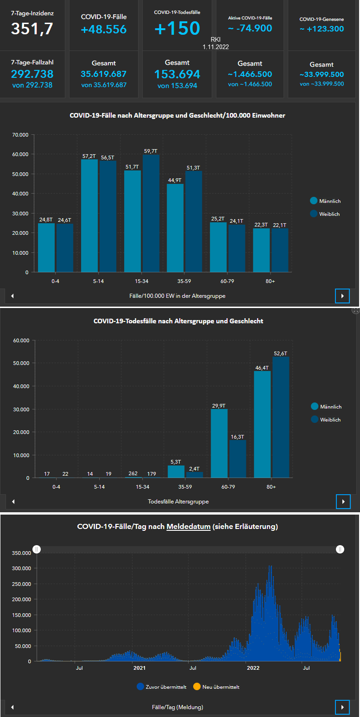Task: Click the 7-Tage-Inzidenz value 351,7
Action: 32,29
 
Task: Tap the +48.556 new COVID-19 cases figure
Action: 104,30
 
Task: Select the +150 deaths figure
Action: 177,28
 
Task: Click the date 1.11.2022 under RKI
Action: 216,47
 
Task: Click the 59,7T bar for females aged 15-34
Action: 151,213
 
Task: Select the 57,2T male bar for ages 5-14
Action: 89,215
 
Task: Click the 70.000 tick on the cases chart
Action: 20,135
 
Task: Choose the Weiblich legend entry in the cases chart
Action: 329,214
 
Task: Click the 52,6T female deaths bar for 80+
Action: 280,417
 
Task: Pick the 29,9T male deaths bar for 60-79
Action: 219,443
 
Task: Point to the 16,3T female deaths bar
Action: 237,459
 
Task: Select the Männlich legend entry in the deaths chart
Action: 330,407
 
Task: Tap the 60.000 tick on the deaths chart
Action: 21,340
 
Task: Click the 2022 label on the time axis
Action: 253,668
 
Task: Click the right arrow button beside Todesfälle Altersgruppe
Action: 342,502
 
